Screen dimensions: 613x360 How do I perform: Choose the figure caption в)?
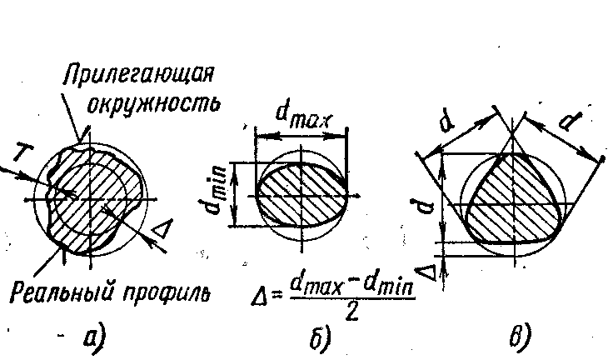click(x=520, y=337)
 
